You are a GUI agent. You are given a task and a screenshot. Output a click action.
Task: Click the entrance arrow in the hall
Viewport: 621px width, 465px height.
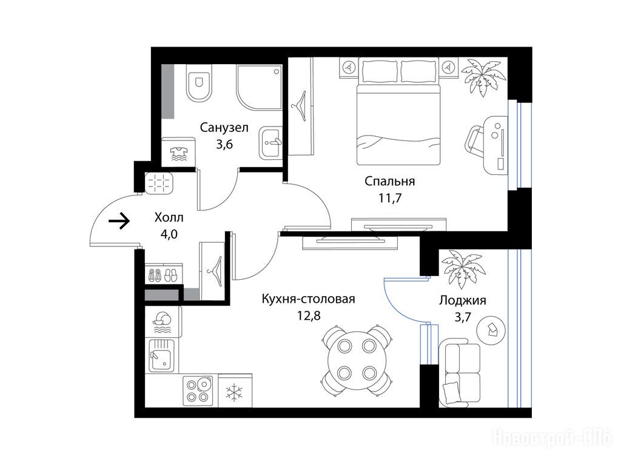click(119, 220)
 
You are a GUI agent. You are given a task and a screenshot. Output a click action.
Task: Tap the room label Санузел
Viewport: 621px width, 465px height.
click(224, 128)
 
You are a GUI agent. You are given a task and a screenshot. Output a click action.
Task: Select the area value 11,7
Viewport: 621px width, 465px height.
click(390, 198)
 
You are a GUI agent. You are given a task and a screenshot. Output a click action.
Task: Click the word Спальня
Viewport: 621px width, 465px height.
click(390, 181)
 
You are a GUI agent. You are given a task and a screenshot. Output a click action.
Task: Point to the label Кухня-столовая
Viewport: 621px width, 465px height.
click(308, 299)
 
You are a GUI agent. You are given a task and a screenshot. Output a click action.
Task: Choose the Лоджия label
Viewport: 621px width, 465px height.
click(463, 300)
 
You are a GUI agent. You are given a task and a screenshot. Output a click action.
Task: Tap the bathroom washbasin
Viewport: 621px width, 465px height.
click(270, 143)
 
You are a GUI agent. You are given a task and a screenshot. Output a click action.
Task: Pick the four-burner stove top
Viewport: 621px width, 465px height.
click(198, 391)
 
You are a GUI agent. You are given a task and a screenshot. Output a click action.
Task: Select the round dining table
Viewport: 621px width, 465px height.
click(357, 360)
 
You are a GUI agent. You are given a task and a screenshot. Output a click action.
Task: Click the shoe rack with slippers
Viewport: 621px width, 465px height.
click(164, 274)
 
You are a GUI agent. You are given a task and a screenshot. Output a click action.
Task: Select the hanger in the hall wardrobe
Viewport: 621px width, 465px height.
click(215, 271)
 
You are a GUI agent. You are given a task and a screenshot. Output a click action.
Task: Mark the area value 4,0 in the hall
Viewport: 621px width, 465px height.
click(169, 234)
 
